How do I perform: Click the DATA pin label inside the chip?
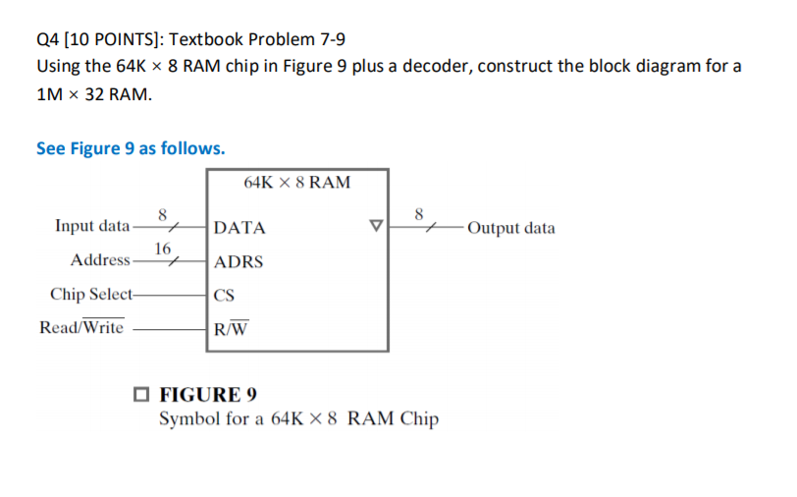pos(239,229)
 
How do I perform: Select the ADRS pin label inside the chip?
pos(239,262)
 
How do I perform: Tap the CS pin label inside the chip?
pos(226,295)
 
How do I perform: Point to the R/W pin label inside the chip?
pos(231,328)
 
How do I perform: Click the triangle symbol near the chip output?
pos(374,228)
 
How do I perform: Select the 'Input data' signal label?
pos(91,227)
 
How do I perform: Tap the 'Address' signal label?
pos(100,260)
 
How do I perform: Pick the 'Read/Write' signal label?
pos(81,327)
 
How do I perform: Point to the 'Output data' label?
pos(511,229)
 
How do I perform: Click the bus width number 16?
pos(163,248)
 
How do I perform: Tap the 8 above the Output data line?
pos(419,213)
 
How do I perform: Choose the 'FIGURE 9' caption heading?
pos(208,395)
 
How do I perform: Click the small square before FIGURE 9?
pos(143,396)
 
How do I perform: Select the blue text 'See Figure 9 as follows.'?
pos(131,148)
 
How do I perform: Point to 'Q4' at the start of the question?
pos(48,40)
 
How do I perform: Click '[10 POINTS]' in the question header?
pos(113,40)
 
